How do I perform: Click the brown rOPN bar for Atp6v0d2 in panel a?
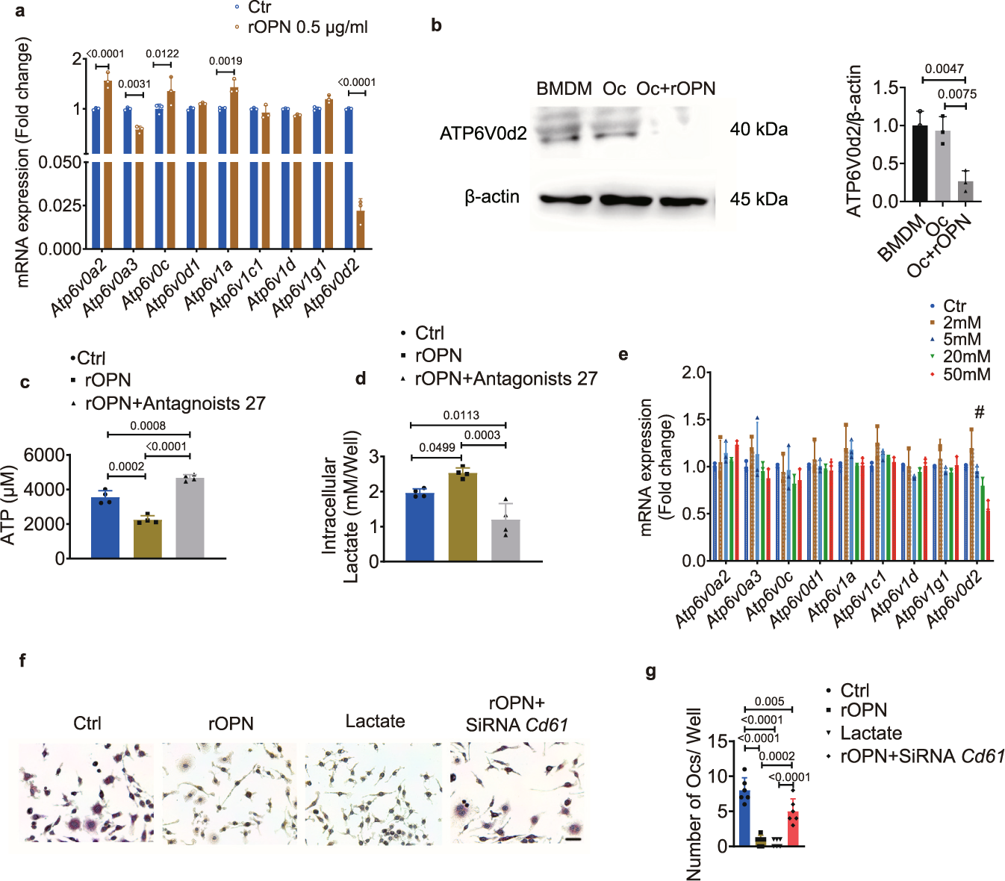(x=361, y=229)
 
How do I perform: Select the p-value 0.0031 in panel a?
(x=134, y=84)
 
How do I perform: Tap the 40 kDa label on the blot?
(x=759, y=129)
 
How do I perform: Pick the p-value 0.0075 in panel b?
(x=956, y=94)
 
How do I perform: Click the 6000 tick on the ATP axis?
(x=43, y=455)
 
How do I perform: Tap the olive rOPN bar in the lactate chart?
(x=462, y=517)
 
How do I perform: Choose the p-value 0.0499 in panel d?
(x=437, y=447)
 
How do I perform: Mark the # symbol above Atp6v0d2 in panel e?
(x=980, y=413)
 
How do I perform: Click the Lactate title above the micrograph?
(x=375, y=721)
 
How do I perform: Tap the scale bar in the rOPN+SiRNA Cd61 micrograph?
(x=573, y=839)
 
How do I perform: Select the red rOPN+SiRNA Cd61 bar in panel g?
(x=793, y=829)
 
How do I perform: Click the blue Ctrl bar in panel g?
(x=744, y=818)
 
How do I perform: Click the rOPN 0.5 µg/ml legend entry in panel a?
(x=307, y=28)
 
